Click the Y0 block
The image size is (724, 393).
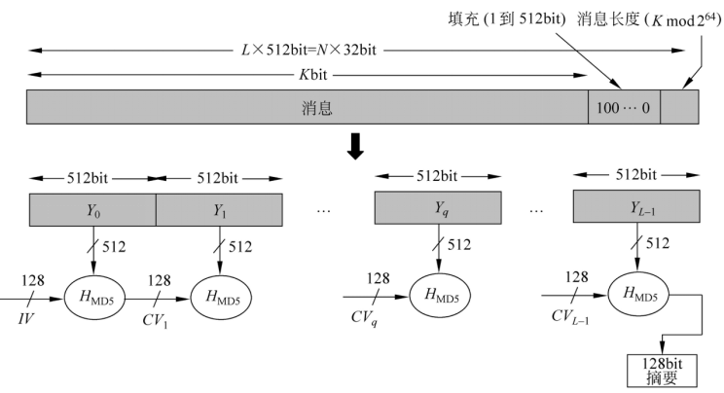point(92,210)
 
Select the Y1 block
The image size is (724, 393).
point(219,210)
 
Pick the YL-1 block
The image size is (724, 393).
point(635,208)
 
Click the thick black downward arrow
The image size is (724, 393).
point(356,146)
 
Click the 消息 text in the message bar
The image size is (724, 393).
point(316,108)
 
